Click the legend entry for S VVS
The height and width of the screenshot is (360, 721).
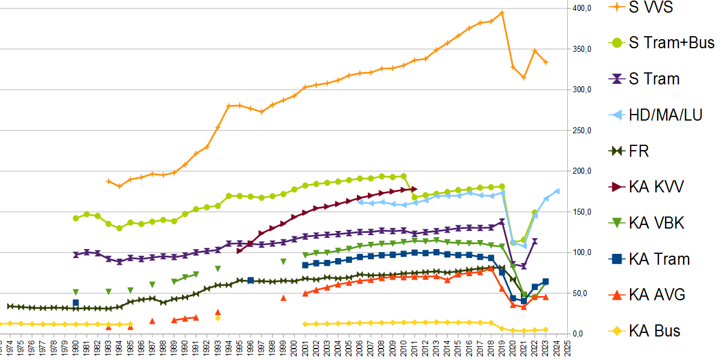coord(650,7)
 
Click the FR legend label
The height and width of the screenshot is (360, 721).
coord(638,151)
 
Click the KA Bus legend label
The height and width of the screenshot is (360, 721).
coord(654,330)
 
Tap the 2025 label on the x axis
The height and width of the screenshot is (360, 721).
coord(568,349)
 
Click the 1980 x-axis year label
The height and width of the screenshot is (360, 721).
coord(75,349)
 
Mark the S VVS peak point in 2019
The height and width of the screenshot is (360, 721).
coord(502,13)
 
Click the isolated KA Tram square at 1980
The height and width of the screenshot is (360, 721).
coord(75,303)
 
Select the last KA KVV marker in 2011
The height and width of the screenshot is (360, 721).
coord(414,189)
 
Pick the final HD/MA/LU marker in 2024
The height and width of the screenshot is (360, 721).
coord(557,191)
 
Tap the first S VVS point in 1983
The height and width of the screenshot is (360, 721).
coord(109,181)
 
